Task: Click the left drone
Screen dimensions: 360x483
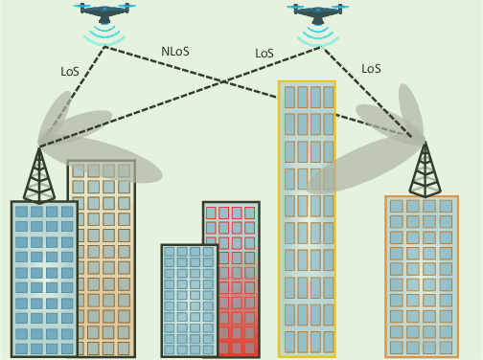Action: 104,12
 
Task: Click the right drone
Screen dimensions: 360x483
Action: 318,12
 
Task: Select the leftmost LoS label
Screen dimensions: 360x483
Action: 70,71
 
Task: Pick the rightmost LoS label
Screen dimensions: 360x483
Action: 371,69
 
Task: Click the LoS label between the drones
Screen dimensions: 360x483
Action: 264,54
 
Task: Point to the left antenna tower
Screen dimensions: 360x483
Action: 39,178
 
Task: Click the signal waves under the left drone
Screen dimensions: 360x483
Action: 104,36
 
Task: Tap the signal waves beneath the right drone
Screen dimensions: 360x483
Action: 318,36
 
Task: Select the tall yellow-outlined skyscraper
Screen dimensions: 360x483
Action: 307,220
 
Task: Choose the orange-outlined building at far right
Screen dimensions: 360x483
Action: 422,278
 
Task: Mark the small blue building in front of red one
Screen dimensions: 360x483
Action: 189,302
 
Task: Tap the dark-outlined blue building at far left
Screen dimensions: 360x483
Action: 43,278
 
